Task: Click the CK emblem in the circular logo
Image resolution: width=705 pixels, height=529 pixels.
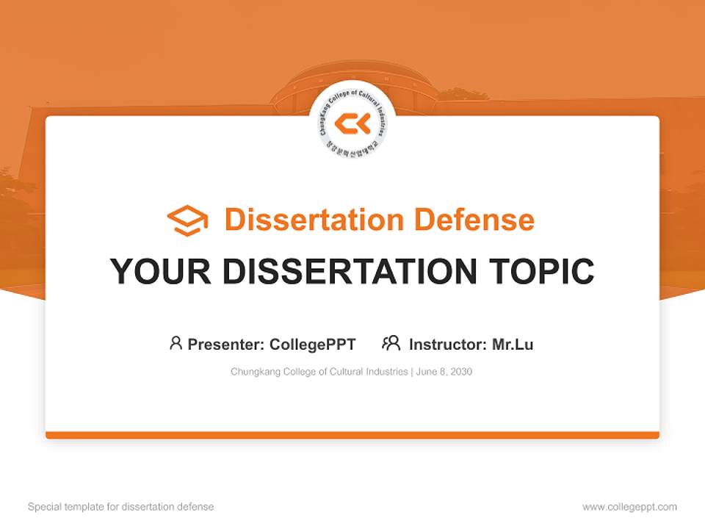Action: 352,124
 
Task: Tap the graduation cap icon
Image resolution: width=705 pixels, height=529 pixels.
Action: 187,220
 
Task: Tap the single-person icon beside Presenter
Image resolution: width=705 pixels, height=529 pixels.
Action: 176,343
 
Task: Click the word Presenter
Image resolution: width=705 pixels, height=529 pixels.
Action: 225,344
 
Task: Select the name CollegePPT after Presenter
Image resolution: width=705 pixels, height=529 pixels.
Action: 313,344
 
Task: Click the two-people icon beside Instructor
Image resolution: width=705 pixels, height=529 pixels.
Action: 391,343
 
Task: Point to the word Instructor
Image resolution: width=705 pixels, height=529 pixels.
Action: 447,344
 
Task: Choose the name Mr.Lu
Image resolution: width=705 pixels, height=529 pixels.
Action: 513,344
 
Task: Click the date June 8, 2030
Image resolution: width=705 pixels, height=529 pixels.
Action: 444,372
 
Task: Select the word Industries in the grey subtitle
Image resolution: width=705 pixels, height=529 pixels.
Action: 387,372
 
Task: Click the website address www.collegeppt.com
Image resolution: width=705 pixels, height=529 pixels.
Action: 629,507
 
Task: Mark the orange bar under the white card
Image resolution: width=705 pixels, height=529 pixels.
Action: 352,435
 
